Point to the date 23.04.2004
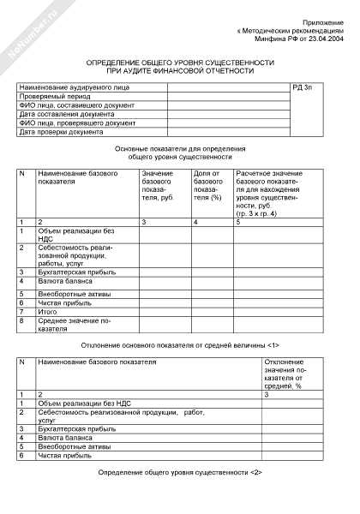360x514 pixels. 325,39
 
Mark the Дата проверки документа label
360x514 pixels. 61,132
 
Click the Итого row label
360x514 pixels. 49,312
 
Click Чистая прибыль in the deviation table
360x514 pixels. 64,455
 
